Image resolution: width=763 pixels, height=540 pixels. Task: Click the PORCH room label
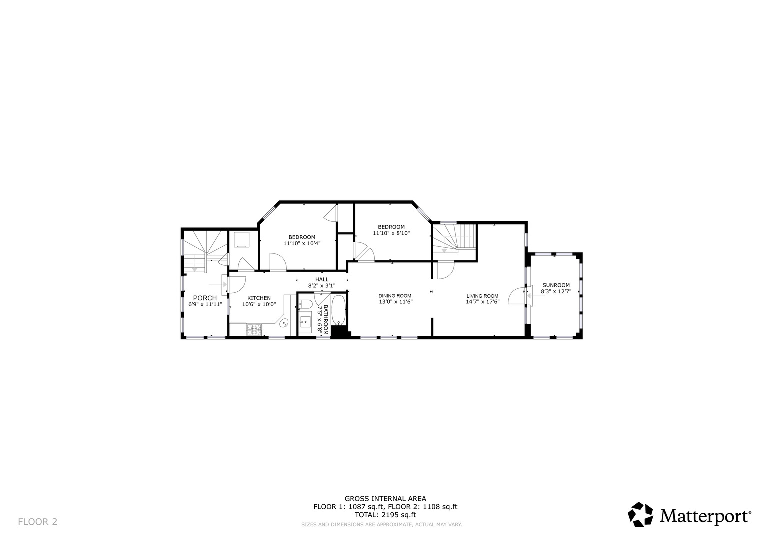[x=205, y=298]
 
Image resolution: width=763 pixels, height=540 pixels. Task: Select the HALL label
[x=322, y=279]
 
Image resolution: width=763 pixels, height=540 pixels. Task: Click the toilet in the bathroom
[x=305, y=304]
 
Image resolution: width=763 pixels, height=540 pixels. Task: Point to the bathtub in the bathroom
[x=339, y=310]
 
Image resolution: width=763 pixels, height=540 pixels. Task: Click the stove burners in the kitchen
[x=254, y=330]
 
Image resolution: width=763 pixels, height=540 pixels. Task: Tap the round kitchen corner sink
[x=284, y=323]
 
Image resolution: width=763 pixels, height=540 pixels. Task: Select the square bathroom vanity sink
[x=305, y=321]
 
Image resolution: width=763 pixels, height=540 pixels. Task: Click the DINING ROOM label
[x=395, y=295]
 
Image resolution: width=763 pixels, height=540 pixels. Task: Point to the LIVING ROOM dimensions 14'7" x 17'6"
[x=482, y=302]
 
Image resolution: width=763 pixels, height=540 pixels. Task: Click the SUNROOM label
[x=556, y=285]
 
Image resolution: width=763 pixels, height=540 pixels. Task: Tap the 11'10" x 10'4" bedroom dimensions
[x=302, y=243]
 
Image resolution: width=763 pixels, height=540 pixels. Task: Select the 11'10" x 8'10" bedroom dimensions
[x=391, y=233]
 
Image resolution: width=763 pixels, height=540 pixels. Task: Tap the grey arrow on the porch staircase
[x=194, y=269]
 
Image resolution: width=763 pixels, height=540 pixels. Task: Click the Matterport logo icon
[x=640, y=514]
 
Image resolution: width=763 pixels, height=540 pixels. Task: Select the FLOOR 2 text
[x=38, y=522]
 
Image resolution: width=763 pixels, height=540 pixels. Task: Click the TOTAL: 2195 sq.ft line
[x=385, y=515]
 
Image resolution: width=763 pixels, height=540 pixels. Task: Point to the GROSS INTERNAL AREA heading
[x=385, y=498]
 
